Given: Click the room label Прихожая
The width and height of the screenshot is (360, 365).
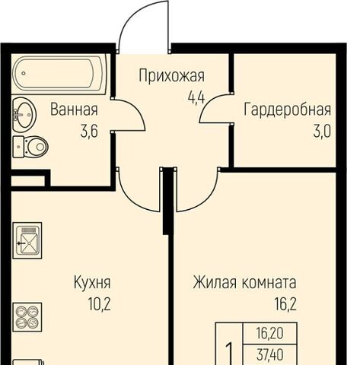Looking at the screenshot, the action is tap(171, 75).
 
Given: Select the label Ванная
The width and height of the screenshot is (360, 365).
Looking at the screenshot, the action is tap(74, 109).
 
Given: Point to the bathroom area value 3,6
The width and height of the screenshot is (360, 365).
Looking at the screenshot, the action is tap(89, 132).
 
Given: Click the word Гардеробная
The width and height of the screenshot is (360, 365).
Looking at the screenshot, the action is tap(287, 109).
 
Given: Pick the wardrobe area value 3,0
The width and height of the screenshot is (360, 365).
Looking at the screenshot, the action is tap(322, 132).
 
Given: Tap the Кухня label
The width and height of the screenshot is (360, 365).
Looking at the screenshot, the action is tap(92, 282).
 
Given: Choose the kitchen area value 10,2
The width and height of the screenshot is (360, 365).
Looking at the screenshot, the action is tap(99, 304).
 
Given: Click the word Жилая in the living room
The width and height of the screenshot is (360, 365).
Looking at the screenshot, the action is tap(215, 282).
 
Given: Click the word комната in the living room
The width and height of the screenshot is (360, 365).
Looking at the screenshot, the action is tap(269, 284).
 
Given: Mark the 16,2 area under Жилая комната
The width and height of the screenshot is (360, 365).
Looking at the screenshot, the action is tap(285, 304).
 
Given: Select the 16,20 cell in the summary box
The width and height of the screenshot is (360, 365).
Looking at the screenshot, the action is tap(269, 333).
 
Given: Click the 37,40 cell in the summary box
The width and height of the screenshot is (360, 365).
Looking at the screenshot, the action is tap(269, 354).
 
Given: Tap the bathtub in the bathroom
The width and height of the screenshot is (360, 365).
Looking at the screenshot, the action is tap(59, 74).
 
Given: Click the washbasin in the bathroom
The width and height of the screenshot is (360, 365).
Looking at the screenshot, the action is tap(24, 115).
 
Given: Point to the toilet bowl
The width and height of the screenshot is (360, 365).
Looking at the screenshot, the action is tap(30, 147).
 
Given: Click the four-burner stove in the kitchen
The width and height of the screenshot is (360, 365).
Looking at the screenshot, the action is tap(27, 317).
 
